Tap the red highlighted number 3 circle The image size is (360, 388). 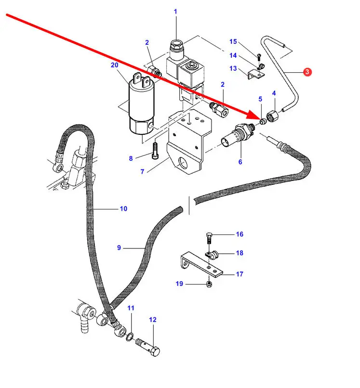[x=307, y=72]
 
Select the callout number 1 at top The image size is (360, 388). [x=175, y=11]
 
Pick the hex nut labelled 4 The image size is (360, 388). [x=271, y=116]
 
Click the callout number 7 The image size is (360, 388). [x=142, y=171]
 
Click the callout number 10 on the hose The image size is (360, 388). [x=123, y=209]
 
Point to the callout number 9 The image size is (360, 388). [x=119, y=248]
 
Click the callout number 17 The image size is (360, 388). [x=240, y=274]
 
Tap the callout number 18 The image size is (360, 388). [x=240, y=253]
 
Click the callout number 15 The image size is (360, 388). [x=233, y=41]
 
